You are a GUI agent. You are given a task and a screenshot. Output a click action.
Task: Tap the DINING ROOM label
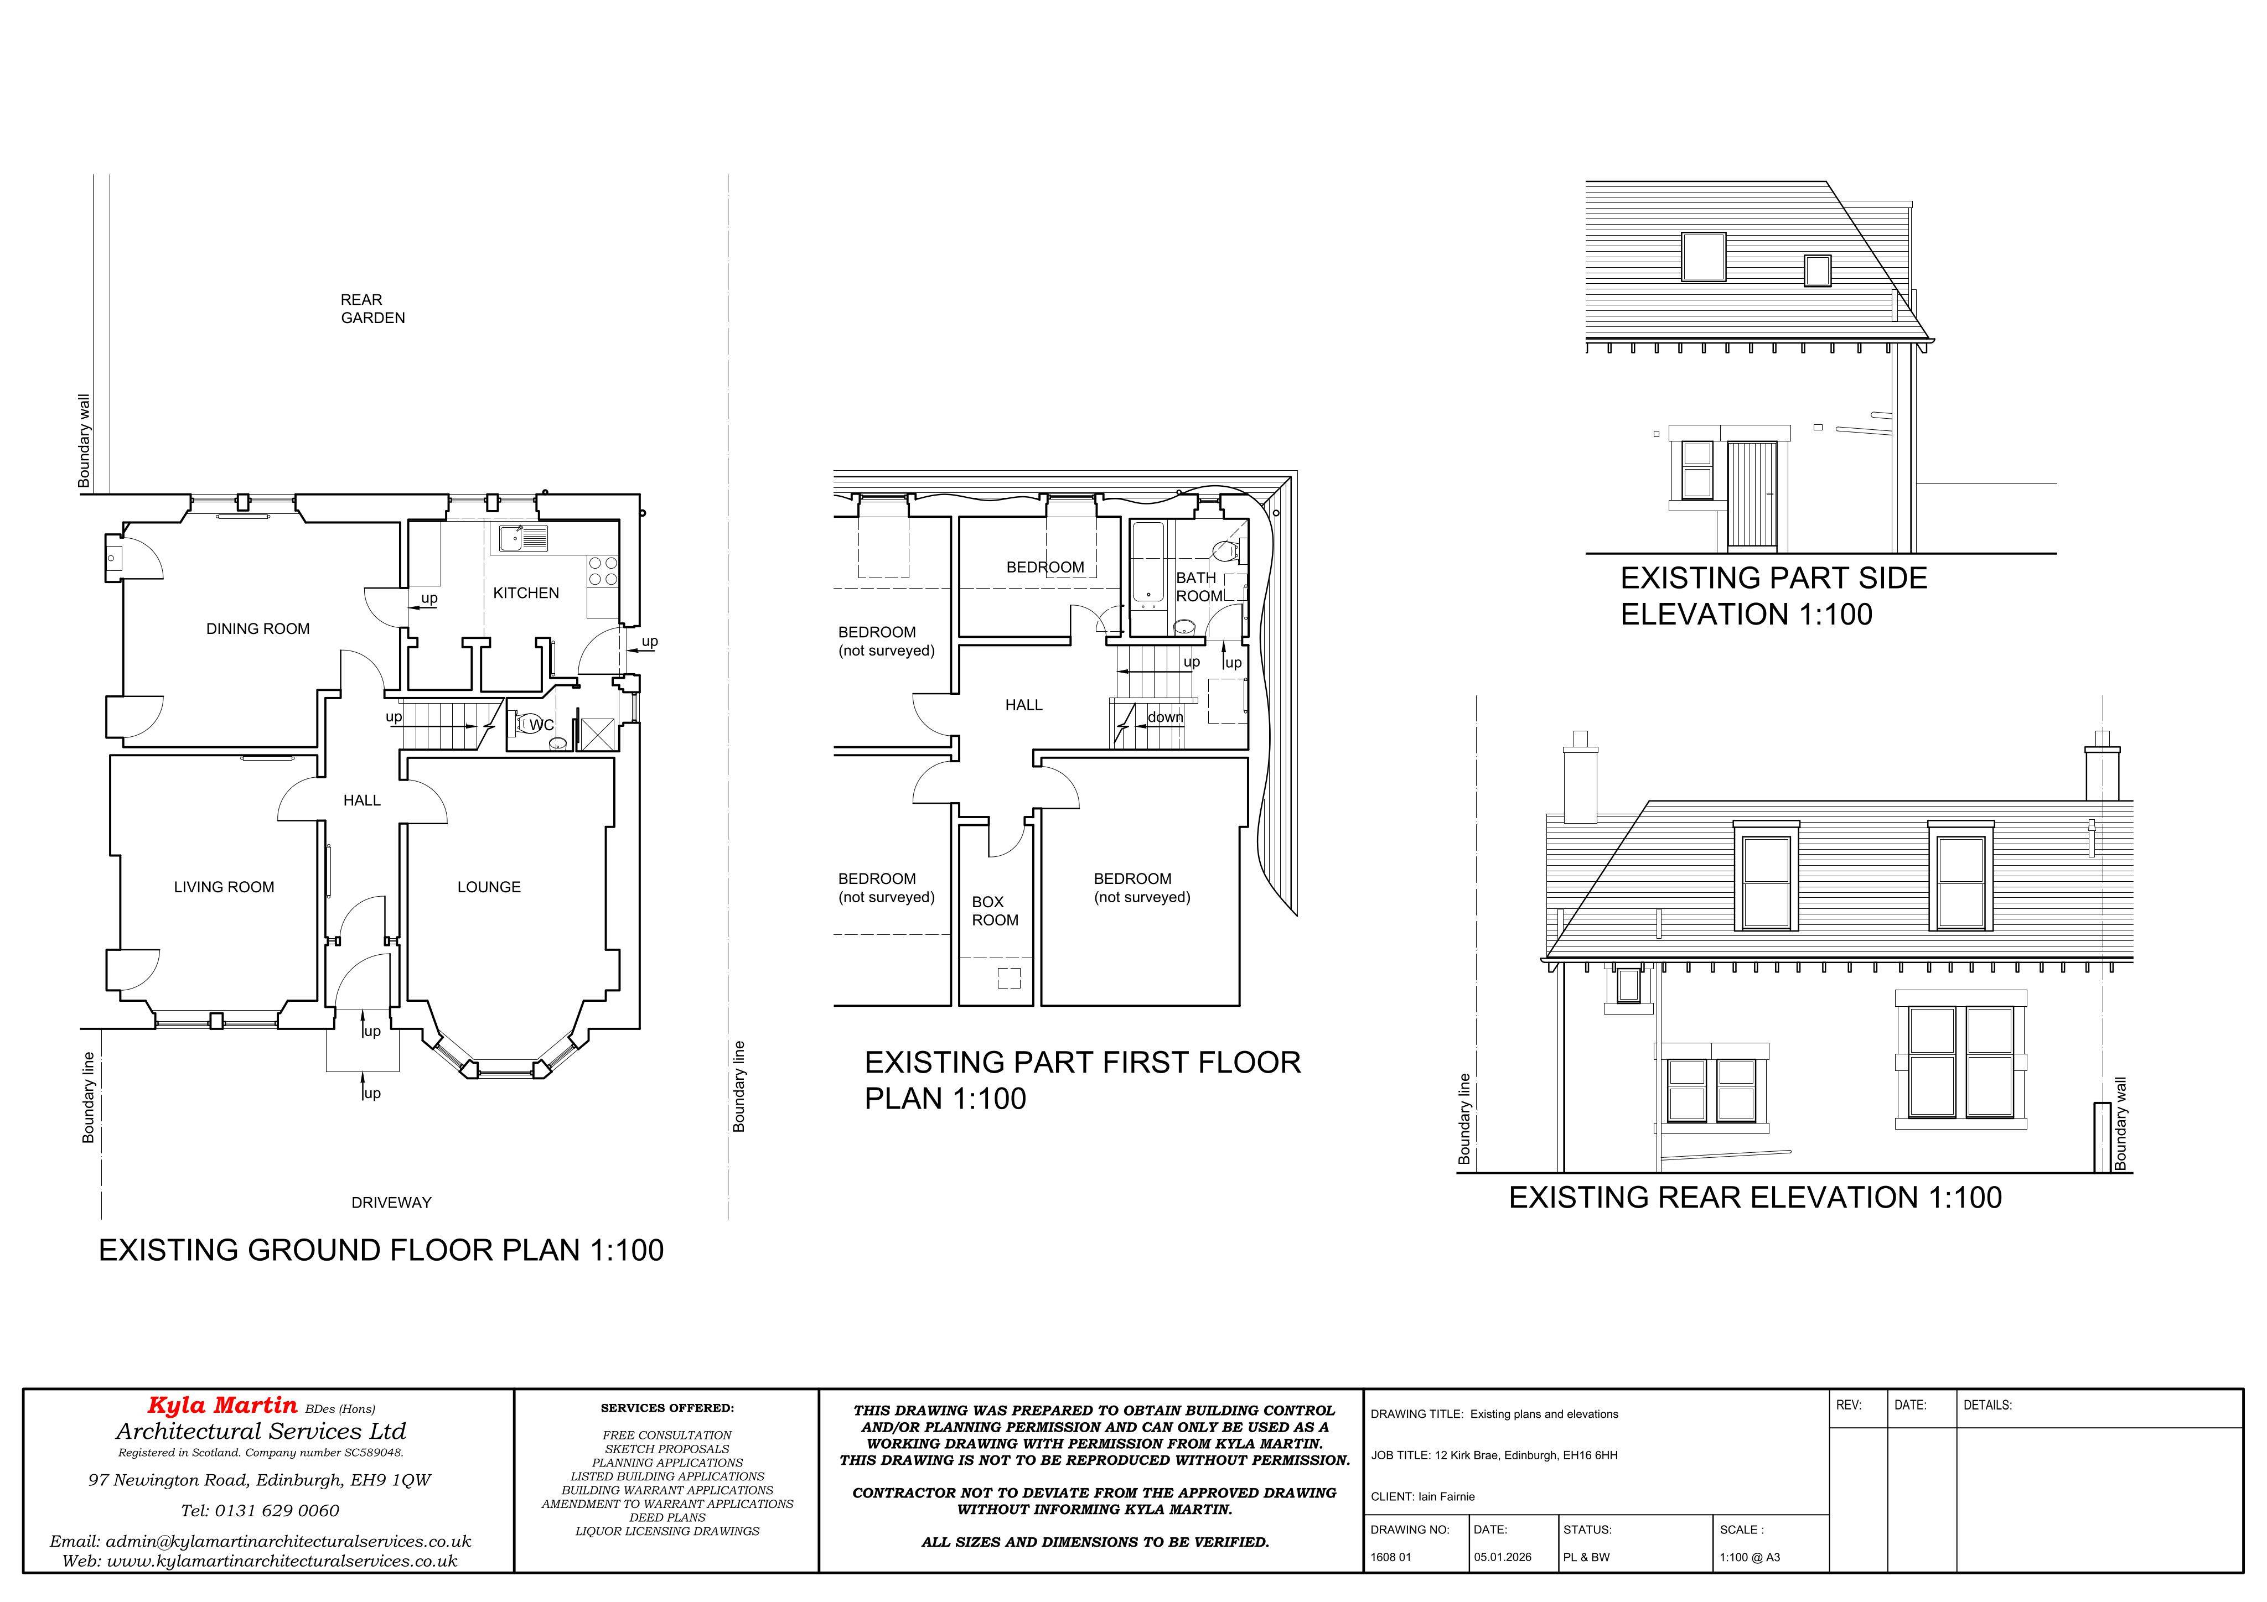(258, 629)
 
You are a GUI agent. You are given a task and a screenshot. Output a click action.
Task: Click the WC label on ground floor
(541, 725)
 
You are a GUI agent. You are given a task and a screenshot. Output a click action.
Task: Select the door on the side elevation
(1752, 497)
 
